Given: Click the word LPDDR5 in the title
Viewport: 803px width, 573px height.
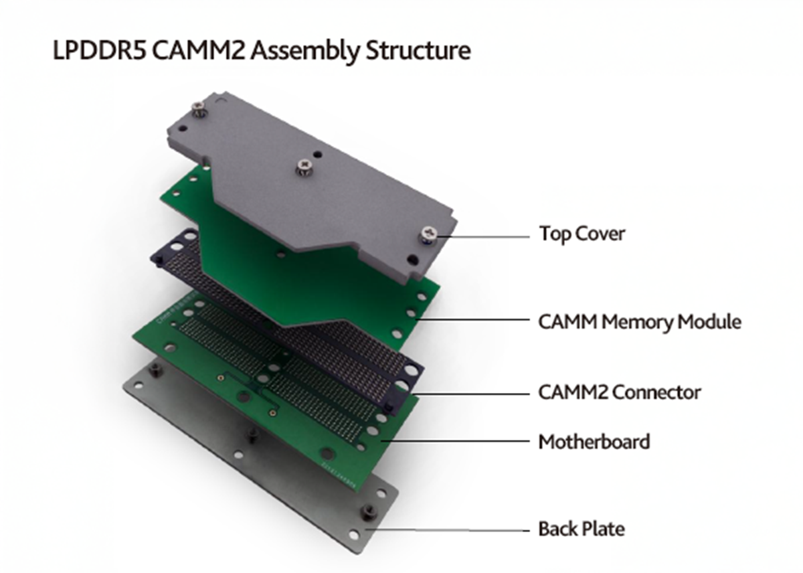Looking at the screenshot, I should pyautogui.click(x=99, y=51).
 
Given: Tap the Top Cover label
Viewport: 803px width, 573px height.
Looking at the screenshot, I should pyautogui.click(x=582, y=234).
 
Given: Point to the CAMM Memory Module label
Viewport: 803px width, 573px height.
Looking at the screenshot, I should pyautogui.click(x=639, y=322).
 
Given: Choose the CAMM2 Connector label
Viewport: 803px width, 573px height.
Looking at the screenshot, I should pyautogui.click(x=619, y=392).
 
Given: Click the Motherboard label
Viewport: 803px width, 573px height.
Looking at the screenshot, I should pyautogui.click(x=594, y=442).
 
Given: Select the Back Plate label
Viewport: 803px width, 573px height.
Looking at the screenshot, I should pyautogui.click(x=581, y=529).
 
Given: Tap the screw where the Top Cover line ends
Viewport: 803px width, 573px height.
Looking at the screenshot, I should pyautogui.click(x=426, y=235).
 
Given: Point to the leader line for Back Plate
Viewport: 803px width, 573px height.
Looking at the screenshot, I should pyautogui.click(x=455, y=530).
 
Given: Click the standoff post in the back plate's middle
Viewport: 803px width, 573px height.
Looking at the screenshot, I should pyautogui.click(x=253, y=434).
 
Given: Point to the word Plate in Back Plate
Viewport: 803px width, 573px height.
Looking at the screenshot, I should pyautogui.click(x=604, y=529).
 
